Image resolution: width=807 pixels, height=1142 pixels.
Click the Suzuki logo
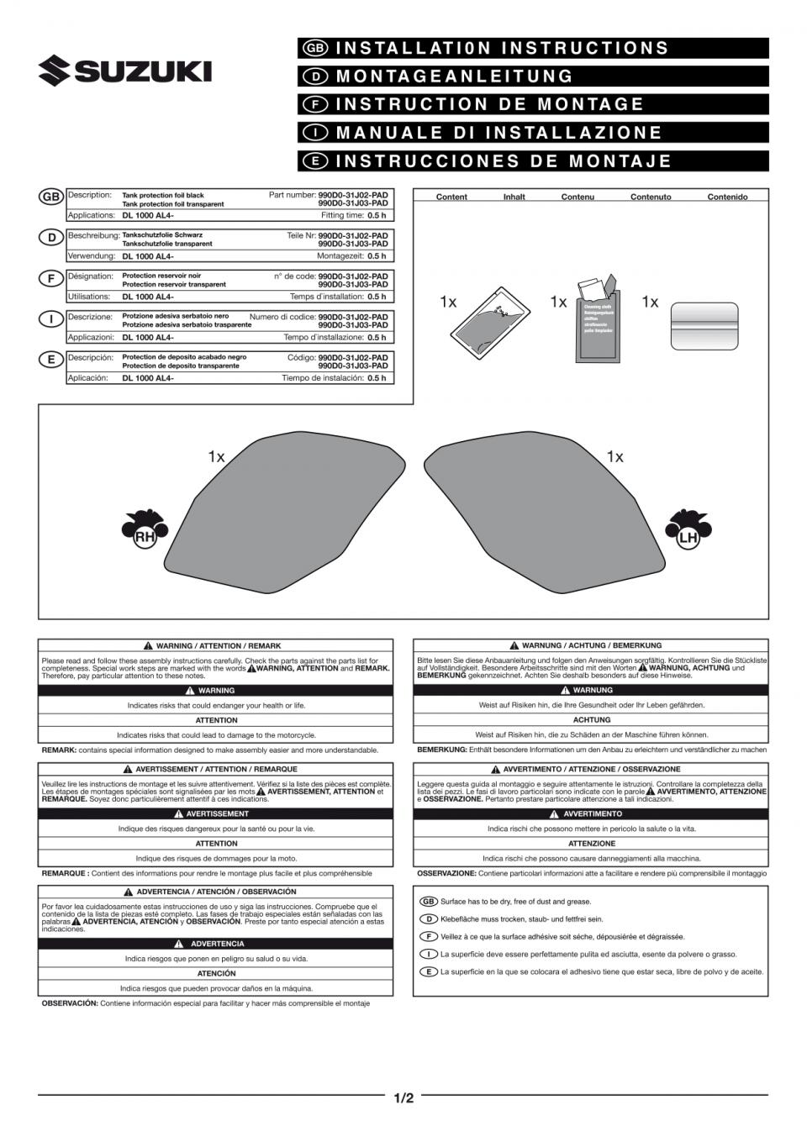pyautogui.click(x=124, y=71)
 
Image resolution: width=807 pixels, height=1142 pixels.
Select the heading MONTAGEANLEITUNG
pyautogui.click(x=455, y=76)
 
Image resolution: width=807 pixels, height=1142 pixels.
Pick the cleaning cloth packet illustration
pyautogui.click(x=598, y=319)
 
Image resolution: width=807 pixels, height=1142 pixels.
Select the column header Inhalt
pyautogui.click(x=514, y=197)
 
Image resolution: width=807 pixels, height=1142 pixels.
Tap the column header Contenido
pyautogui.click(x=727, y=197)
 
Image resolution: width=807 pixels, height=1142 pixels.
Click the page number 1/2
pyautogui.click(x=403, y=1097)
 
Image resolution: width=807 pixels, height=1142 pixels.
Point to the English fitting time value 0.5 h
pyautogui.click(x=377, y=215)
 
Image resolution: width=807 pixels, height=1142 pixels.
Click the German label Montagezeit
pyautogui.click(x=340, y=256)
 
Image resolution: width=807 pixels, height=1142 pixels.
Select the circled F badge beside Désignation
pyautogui.click(x=51, y=278)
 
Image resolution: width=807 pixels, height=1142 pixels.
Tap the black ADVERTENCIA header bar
pyautogui.click(x=215, y=944)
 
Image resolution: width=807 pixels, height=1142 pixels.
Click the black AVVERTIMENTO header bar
pyautogui.click(x=590, y=814)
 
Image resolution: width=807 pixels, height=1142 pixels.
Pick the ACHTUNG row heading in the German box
pyautogui.click(x=591, y=720)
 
